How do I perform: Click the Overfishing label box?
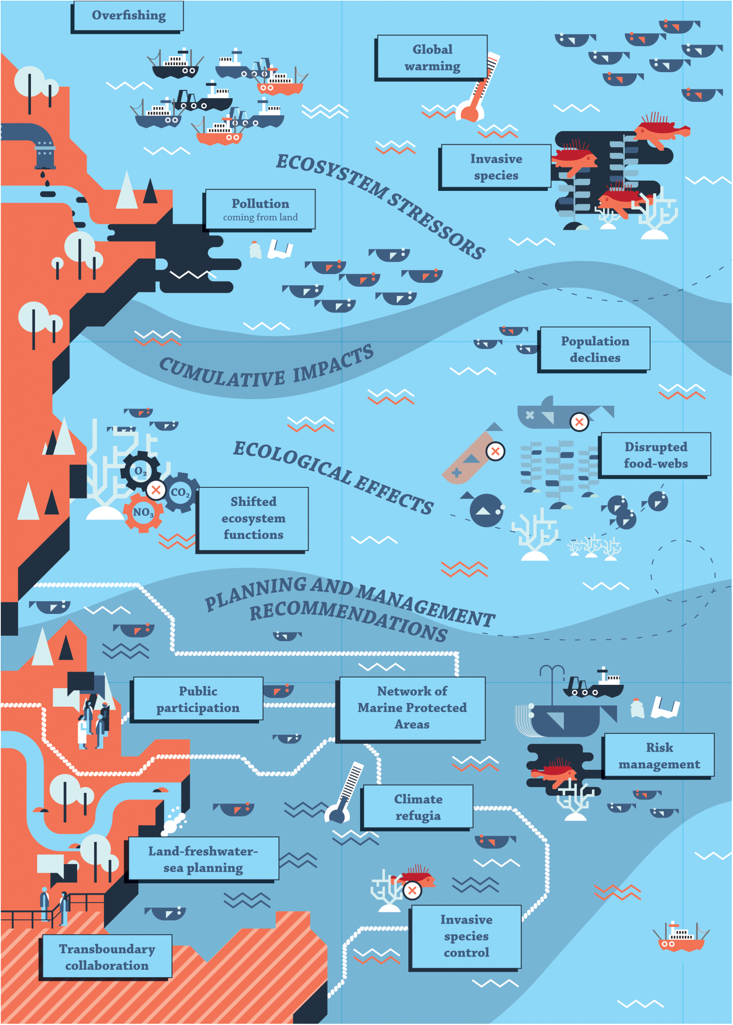(x=128, y=16)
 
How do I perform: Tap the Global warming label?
(x=432, y=57)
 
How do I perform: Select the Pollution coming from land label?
(x=260, y=210)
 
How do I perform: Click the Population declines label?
(x=594, y=349)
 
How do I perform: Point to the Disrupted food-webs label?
(x=655, y=454)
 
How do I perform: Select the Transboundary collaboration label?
(x=107, y=957)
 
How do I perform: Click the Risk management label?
(x=659, y=755)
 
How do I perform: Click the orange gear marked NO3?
(x=143, y=512)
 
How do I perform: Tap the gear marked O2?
(x=140, y=471)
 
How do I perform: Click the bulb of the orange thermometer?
(x=469, y=112)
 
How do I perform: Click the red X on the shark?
(x=579, y=422)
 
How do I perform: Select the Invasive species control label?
(x=466, y=936)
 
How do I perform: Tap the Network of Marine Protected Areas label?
(x=412, y=707)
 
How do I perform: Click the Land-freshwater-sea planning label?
(x=203, y=859)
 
